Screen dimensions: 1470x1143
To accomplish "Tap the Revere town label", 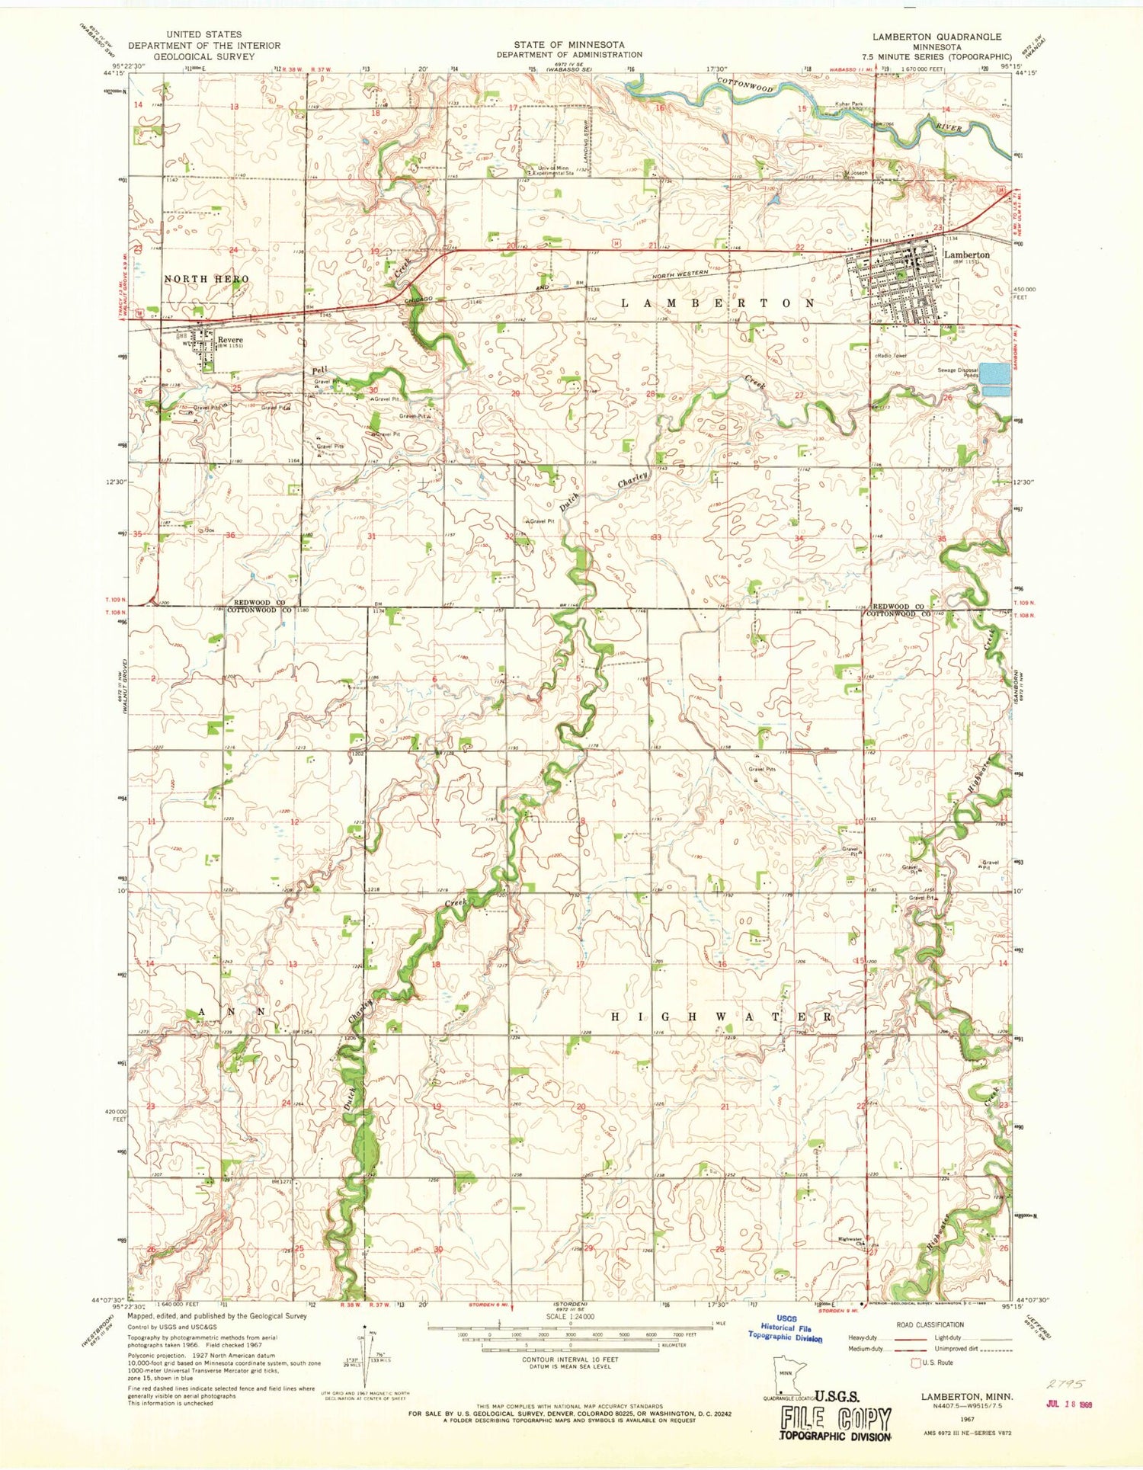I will pyautogui.click(x=229, y=340).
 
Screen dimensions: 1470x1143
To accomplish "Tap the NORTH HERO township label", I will pyautogui.click(x=207, y=280).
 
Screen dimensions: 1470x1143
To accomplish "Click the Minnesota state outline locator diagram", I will pyautogui.click(x=788, y=1375).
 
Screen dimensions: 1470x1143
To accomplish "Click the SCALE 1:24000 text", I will pyautogui.click(x=569, y=1317).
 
